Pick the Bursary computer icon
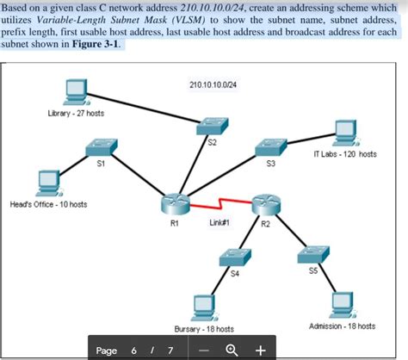204,307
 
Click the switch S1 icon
101,148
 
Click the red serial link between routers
219,205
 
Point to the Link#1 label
219,222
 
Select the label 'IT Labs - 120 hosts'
344,154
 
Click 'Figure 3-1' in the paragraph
97,44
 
